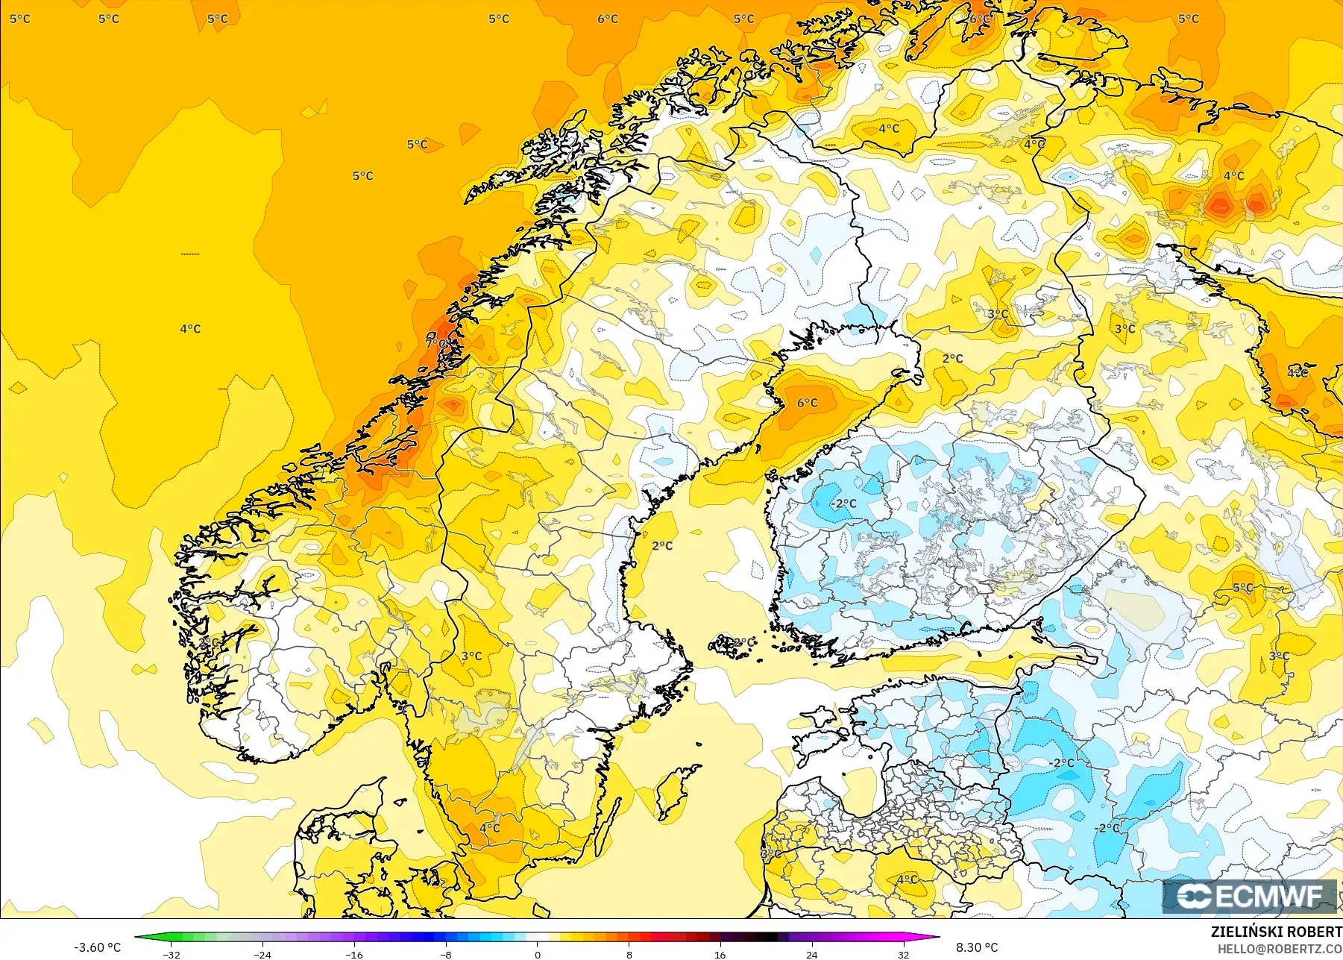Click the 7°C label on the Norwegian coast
pos(436,342)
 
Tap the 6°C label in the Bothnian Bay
pos(808,403)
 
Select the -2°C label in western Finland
pos(844,503)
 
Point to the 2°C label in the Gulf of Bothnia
pos(662,545)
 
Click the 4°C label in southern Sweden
pos(490,828)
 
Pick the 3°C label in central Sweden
pos(471,656)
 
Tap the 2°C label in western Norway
pos(210,642)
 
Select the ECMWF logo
pos(1249,896)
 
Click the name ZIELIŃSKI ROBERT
pos(1276,932)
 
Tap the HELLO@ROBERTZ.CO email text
pos(1280,948)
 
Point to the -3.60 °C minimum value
pos(97,947)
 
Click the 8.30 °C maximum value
pos(977,947)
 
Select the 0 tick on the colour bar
pos(538,954)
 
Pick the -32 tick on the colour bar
pos(172,954)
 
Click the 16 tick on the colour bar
pos(720,954)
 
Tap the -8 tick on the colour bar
pos(446,954)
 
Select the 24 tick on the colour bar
pos(812,954)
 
